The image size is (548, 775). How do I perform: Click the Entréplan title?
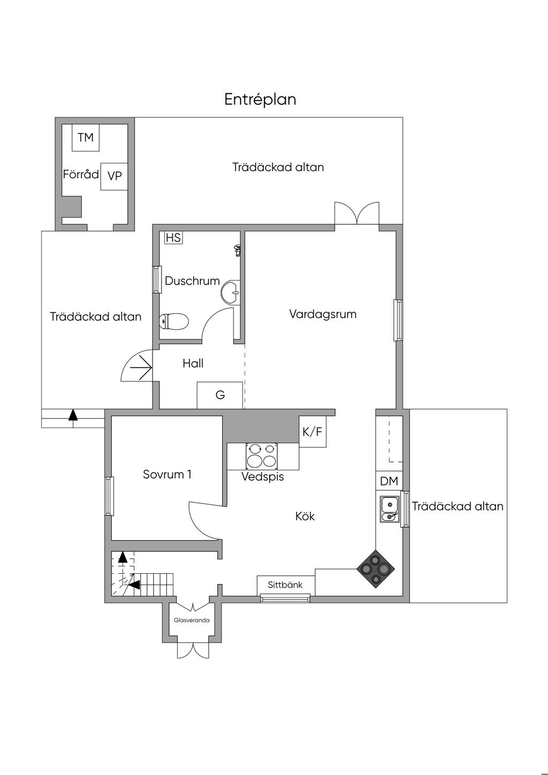click(x=260, y=100)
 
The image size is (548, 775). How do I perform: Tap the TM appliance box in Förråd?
click(x=86, y=138)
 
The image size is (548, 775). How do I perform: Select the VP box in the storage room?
click(x=114, y=177)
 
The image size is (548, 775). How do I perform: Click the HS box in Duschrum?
click(x=173, y=238)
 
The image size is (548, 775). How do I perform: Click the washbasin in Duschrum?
click(x=231, y=293)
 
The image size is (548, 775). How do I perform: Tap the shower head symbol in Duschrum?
click(x=237, y=250)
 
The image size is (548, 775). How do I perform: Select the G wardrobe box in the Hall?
click(x=220, y=395)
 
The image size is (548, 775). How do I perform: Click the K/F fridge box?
click(x=313, y=431)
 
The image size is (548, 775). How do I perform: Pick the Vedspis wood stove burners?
click(x=262, y=455)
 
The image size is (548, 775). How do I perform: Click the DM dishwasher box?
click(x=389, y=481)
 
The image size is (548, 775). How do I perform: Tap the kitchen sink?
click(x=390, y=510)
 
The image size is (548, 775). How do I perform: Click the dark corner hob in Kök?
click(x=376, y=569)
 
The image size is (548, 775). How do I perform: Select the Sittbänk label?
click(x=285, y=584)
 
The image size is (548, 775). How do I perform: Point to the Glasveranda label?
click(x=192, y=620)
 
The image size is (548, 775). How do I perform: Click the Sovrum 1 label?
click(x=167, y=474)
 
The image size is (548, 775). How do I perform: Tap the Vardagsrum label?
click(x=323, y=314)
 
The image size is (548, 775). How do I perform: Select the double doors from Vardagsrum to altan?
click(x=357, y=213)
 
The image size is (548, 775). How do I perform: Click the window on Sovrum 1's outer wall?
click(x=109, y=496)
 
